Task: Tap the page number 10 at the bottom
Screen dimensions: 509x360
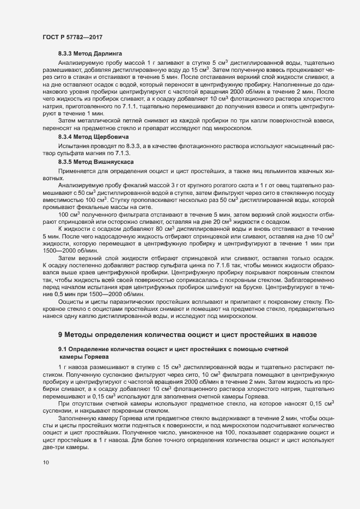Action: click(x=45, y=463)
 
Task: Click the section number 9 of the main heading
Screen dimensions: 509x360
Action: click(x=60, y=334)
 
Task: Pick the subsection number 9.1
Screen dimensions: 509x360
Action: click(x=63, y=347)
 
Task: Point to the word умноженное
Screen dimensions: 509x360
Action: click(x=211, y=432)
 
